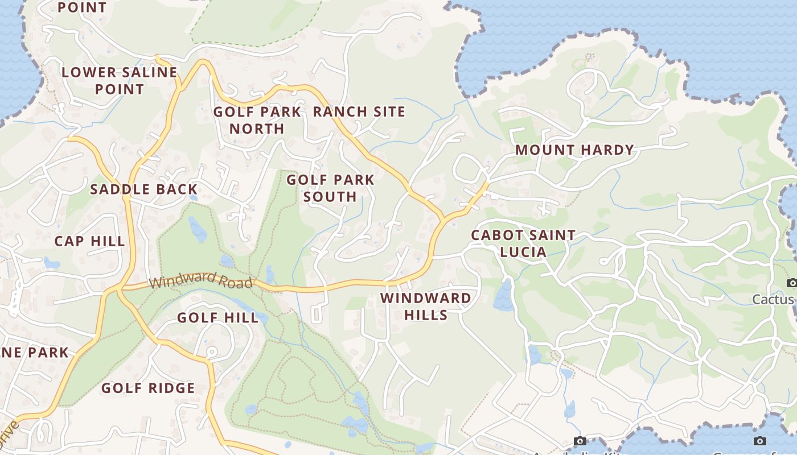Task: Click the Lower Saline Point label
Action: (120, 81)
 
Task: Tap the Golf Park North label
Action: (257, 120)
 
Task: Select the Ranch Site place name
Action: (359, 112)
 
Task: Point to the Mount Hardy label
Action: (574, 150)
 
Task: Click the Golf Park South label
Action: (330, 188)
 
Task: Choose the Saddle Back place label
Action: (144, 189)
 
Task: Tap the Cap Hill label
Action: (89, 241)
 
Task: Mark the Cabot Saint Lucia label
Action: (523, 243)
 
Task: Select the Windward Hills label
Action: (426, 307)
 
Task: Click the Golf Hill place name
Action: (218, 317)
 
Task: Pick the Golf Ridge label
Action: (148, 388)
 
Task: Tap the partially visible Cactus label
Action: (773, 299)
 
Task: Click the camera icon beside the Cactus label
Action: (791, 283)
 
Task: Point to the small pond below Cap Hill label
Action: (51, 263)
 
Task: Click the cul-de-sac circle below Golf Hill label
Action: (210, 353)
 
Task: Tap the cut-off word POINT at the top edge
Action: (83, 7)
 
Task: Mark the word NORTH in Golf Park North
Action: (257, 129)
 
